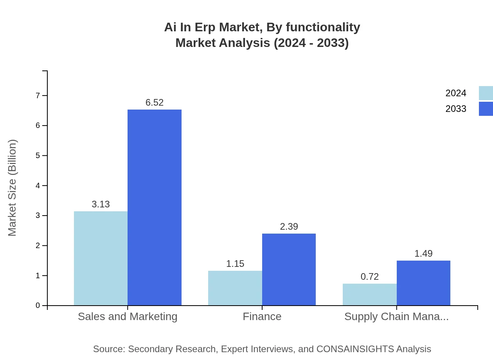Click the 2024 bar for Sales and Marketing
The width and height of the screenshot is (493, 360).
pyautogui.click(x=101, y=258)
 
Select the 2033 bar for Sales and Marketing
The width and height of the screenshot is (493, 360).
pyautogui.click(x=155, y=207)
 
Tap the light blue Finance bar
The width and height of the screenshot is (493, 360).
pyautogui.click(x=235, y=288)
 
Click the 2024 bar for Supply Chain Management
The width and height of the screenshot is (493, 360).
pyautogui.click(x=370, y=294)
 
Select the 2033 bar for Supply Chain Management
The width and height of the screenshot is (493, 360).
pyautogui.click(x=423, y=283)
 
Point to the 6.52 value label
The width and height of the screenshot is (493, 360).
pyautogui.click(x=155, y=103)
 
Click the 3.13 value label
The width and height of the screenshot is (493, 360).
pyautogui.click(x=101, y=204)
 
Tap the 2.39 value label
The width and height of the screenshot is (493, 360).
pyautogui.click(x=289, y=227)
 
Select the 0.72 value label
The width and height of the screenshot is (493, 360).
pyautogui.click(x=370, y=277)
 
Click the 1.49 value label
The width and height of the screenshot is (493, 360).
pyautogui.click(x=423, y=254)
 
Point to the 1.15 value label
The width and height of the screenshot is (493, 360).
pyautogui.click(x=235, y=264)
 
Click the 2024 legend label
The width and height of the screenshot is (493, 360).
pyautogui.click(x=456, y=93)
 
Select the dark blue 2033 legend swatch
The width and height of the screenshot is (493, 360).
pyautogui.click(x=486, y=109)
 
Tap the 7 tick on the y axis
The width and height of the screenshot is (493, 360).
pyautogui.click(x=38, y=95)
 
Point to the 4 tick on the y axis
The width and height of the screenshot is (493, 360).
pyautogui.click(x=38, y=185)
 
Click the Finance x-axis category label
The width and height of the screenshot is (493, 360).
pyautogui.click(x=262, y=316)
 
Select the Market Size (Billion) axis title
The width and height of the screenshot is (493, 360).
pyautogui.click(x=12, y=188)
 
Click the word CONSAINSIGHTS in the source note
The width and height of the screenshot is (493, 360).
pyautogui.click(x=354, y=349)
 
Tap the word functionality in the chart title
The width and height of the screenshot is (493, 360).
pyautogui.click(x=323, y=27)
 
